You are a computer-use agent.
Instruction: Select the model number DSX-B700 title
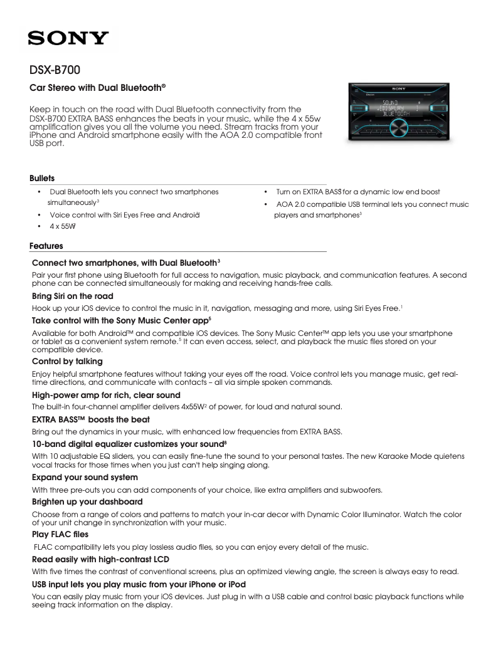coord(55,70)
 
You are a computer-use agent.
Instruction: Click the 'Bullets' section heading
coord(42,179)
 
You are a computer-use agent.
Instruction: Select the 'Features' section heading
coord(46,246)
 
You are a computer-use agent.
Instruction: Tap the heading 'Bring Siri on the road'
coord(72,296)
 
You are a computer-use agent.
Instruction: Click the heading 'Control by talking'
coord(67,362)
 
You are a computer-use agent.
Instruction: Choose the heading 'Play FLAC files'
coord(60,535)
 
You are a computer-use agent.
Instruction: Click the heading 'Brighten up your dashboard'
coord(87,502)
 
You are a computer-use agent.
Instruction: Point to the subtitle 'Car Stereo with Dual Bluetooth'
coord(97,88)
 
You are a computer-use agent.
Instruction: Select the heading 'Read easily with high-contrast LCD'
coord(100,559)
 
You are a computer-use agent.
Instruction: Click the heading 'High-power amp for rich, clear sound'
coord(106,395)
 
